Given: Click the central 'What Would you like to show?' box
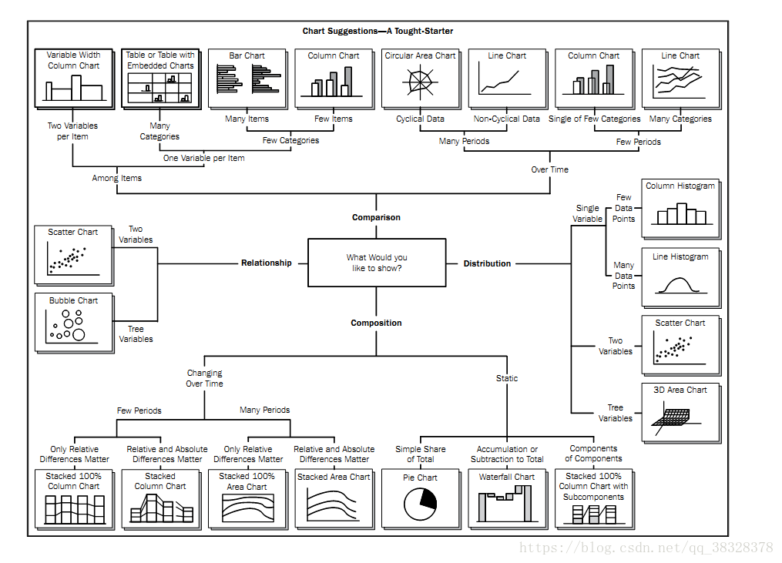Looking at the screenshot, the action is pos(377,263).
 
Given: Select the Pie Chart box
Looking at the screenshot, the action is pos(421,498).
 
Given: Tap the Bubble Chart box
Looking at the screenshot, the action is pos(74,323).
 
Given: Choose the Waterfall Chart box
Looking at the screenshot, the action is pos(507,498).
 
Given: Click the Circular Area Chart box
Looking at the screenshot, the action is pos(421,79).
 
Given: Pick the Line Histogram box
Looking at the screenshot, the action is pos(681,278).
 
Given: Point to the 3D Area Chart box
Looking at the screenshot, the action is pos(681,413).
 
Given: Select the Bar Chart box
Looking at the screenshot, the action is pos(247,79).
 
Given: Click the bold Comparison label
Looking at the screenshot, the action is pos(376,217).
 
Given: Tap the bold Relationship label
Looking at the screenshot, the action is pos(267,263).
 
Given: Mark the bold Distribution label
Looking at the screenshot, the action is pos(487,263).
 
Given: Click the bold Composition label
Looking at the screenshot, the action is pos(376,323).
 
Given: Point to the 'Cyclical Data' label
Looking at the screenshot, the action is pos(420,119).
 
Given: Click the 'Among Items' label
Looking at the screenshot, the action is pos(116,178).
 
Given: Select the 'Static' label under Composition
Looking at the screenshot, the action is pos(507,378).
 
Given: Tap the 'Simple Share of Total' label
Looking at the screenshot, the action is pos(421,454).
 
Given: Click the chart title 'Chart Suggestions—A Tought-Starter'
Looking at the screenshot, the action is pos(378,31).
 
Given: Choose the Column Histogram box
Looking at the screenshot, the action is pos(681,209).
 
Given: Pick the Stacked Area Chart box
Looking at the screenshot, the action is pos(334,498).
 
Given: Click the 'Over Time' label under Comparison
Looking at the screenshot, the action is pos(549,169).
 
